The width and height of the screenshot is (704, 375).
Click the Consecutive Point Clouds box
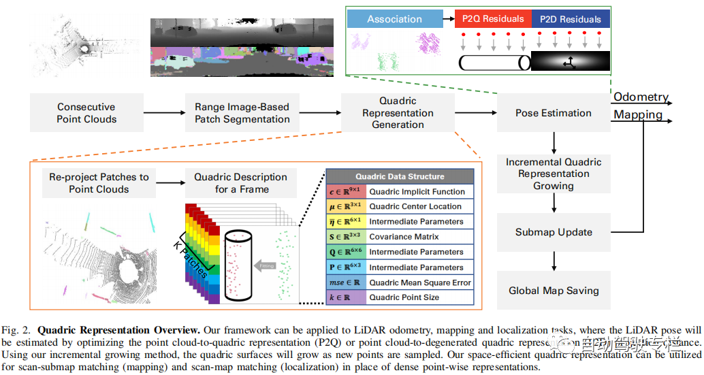pyautogui.click(x=86, y=113)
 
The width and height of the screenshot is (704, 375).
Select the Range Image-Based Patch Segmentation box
pyautogui.click(x=242, y=113)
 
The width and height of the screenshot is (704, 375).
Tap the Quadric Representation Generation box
pyautogui.click(x=398, y=113)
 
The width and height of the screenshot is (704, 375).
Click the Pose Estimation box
pyautogui.click(x=553, y=113)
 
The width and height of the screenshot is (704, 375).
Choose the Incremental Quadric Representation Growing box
pyautogui.click(x=553, y=174)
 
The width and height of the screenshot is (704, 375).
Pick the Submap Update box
pyautogui.click(x=553, y=232)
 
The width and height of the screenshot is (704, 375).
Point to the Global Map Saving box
pyautogui.click(x=553, y=291)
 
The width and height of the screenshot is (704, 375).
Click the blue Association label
pyautogui.click(x=394, y=19)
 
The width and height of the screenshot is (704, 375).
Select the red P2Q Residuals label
pyautogui.click(x=494, y=19)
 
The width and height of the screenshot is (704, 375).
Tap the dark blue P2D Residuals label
pyautogui.click(x=570, y=19)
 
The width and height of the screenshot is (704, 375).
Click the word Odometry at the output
pyautogui.click(x=641, y=97)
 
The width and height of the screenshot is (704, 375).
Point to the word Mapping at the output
pyautogui.click(x=638, y=115)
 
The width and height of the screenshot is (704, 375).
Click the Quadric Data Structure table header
pyautogui.click(x=400, y=176)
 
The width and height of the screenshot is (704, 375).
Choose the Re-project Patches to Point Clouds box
pyautogui.click(x=99, y=183)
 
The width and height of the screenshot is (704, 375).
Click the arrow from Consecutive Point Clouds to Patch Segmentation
pyautogui.click(x=163, y=114)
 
